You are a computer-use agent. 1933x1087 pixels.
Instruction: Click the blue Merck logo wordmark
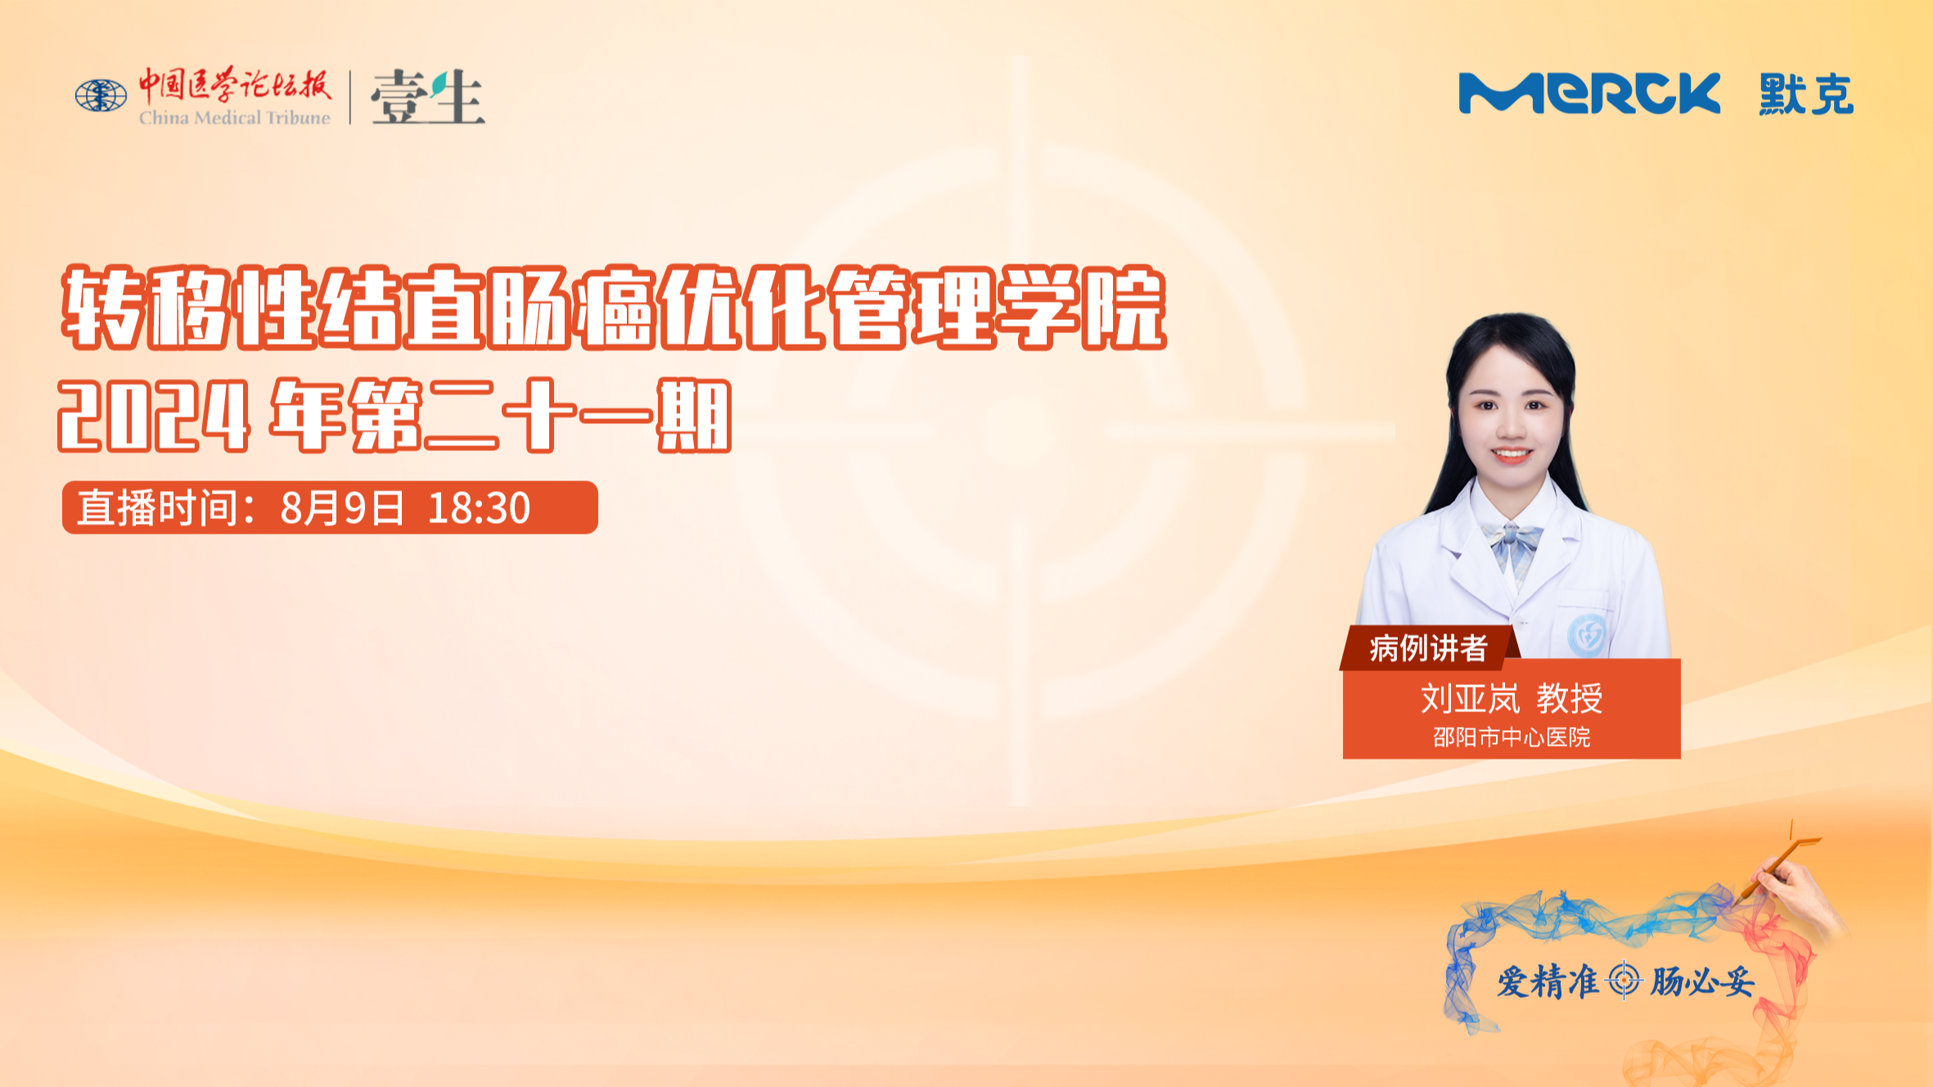(x=1588, y=93)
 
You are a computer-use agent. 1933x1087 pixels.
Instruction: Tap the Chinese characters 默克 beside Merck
(x=1806, y=94)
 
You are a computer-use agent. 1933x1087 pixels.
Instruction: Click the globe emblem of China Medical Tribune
(x=101, y=96)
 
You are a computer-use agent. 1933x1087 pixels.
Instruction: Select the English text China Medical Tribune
(x=234, y=118)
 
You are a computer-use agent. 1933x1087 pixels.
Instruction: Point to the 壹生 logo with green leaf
(x=427, y=97)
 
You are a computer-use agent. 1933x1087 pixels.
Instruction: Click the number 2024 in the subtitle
(x=154, y=417)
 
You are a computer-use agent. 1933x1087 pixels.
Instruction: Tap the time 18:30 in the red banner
(x=479, y=508)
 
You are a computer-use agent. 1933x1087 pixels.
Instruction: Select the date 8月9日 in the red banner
(x=342, y=508)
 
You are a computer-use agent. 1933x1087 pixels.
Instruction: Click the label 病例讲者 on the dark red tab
(x=1428, y=648)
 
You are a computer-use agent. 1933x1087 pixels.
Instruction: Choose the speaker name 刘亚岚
(x=1470, y=698)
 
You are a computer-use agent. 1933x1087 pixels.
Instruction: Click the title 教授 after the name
(x=1569, y=698)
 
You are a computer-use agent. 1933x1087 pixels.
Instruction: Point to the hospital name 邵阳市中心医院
(x=1512, y=737)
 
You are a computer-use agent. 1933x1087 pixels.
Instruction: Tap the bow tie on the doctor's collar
(x=1515, y=540)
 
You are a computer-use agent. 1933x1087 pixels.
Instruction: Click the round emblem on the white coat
(x=1587, y=634)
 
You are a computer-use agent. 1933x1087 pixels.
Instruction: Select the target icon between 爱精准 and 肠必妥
(x=1624, y=981)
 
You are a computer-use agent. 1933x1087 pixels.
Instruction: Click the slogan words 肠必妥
(x=1702, y=981)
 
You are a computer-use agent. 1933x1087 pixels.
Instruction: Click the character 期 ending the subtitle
(x=695, y=416)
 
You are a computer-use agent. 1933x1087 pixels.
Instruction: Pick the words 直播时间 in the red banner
(x=158, y=508)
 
